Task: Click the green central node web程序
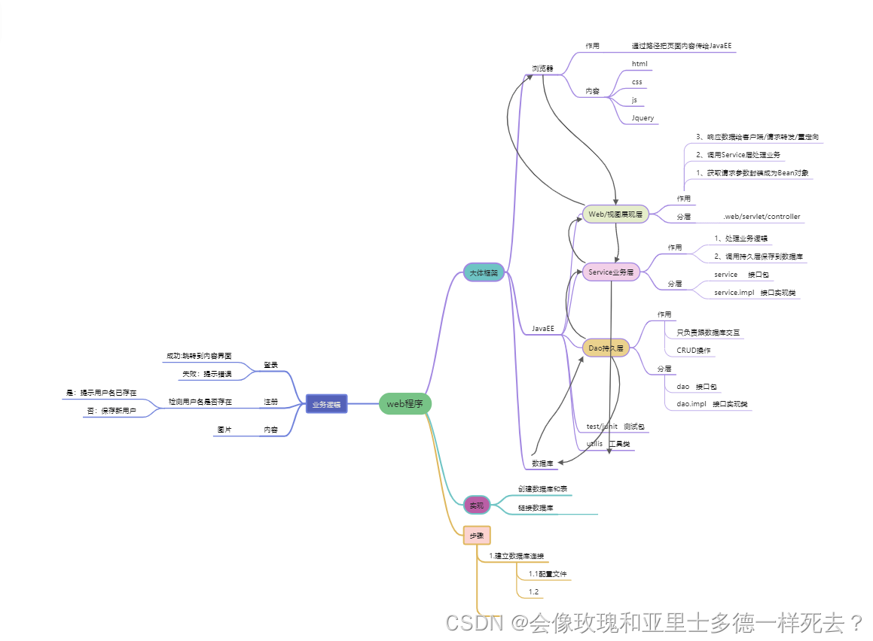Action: click(404, 404)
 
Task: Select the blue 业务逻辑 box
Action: click(326, 404)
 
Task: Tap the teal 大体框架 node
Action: click(484, 273)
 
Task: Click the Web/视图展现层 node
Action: click(615, 214)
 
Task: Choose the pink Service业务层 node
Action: click(611, 272)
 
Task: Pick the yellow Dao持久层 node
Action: click(606, 348)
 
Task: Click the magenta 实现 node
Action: click(476, 504)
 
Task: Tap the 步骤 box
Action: click(476, 535)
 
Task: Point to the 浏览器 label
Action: click(542, 68)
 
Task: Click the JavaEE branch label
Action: click(542, 329)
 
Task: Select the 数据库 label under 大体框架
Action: click(542, 463)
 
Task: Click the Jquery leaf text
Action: click(643, 118)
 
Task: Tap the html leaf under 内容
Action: click(639, 64)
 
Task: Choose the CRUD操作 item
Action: click(693, 350)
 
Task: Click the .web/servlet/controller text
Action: click(761, 217)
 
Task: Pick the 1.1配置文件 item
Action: click(547, 574)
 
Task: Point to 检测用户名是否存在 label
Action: click(200, 402)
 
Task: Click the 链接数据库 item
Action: click(535, 508)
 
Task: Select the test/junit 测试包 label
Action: click(615, 427)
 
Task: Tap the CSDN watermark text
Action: click(475, 623)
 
